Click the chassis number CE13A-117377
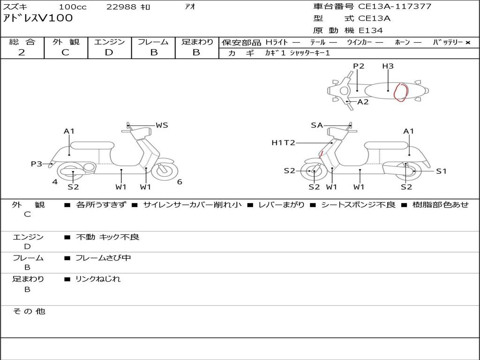(x=395, y=6)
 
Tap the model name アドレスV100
(x=37, y=18)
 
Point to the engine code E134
(x=371, y=30)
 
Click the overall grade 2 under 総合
(x=22, y=52)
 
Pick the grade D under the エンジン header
(x=109, y=52)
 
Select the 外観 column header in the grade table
(x=66, y=42)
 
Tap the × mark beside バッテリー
(x=468, y=43)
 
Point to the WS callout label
(x=162, y=125)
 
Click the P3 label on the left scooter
(x=37, y=164)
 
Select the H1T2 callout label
(x=283, y=142)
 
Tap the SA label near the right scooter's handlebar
(x=317, y=125)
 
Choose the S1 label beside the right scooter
(x=441, y=171)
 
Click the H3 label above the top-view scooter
(x=388, y=66)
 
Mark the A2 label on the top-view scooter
(x=363, y=102)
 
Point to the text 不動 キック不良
(x=107, y=237)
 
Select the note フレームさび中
(x=103, y=258)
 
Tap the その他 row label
(x=29, y=311)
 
